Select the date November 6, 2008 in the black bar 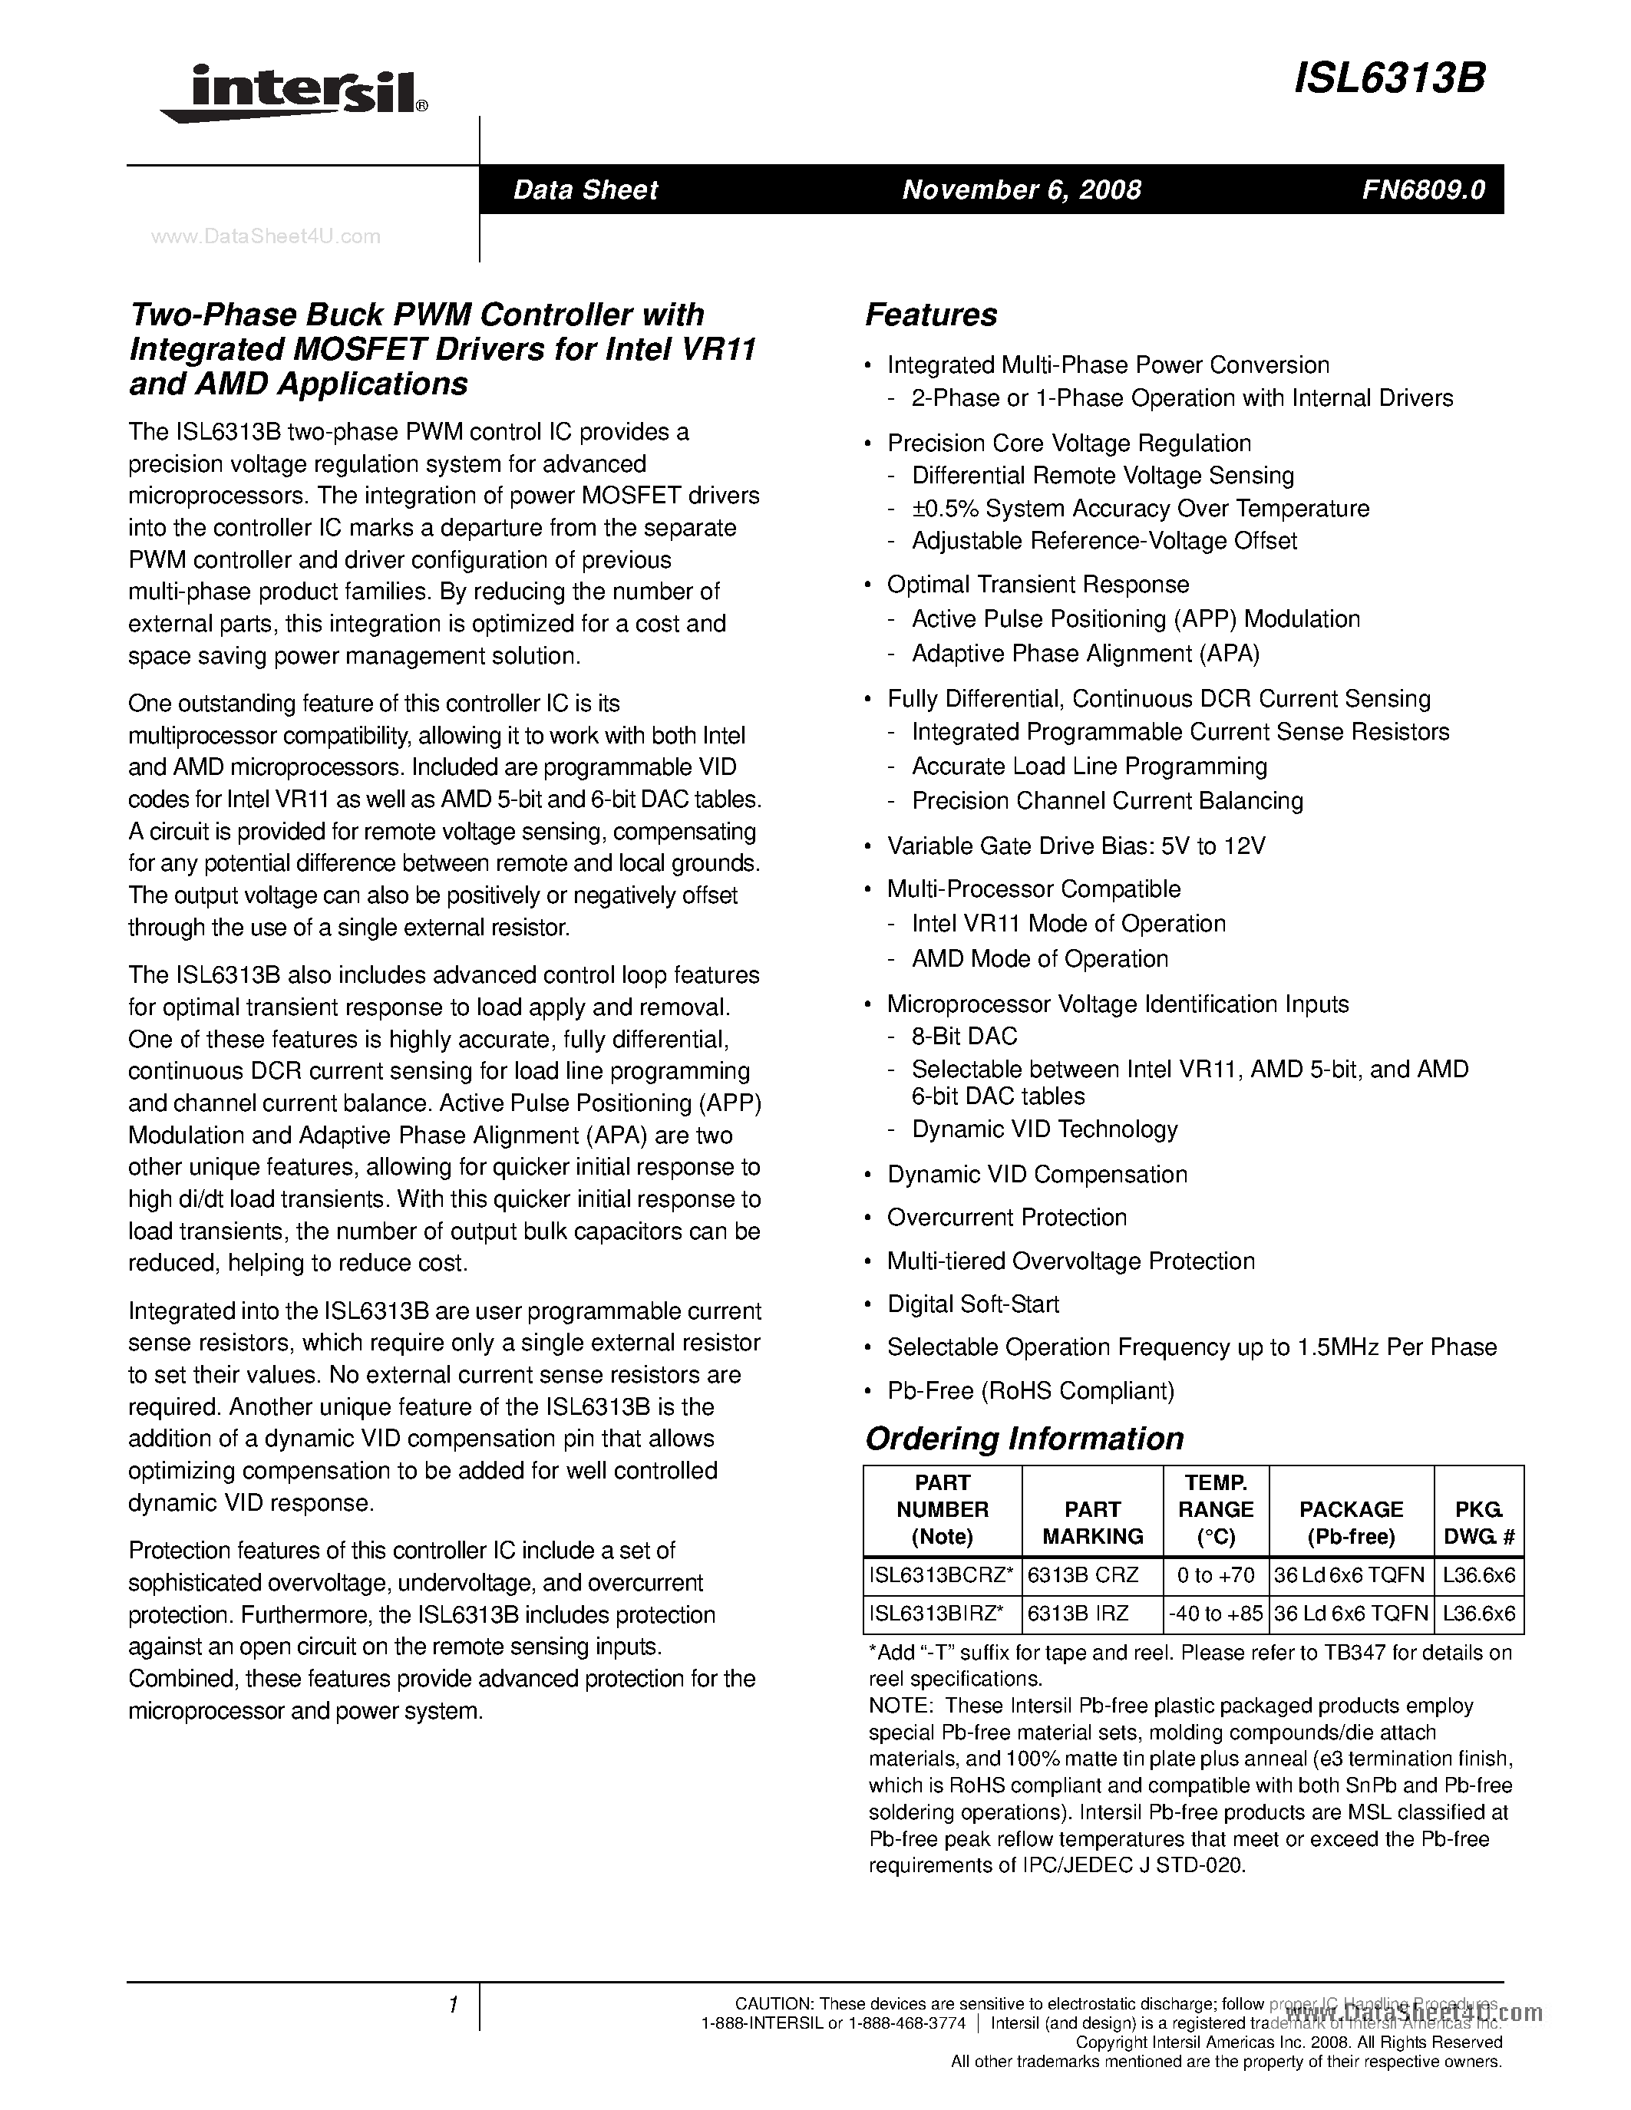1022,190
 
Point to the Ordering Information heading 1024,1439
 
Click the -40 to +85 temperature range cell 1216,1613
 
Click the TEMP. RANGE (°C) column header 1216,1509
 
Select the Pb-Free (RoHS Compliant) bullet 1030,1391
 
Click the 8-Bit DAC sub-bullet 964,1037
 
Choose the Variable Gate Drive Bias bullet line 1075,846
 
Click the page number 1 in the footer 452,2006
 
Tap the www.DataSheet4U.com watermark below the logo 266,236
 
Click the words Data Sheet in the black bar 586,190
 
